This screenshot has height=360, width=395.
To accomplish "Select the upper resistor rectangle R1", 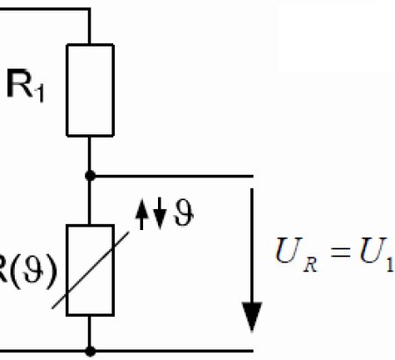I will [x=90, y=90].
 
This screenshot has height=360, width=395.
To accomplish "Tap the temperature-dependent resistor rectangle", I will [x=90, y=269].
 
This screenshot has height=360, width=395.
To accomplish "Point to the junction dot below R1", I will [x=90, y=176].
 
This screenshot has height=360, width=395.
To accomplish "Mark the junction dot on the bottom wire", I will [x=90, y=351].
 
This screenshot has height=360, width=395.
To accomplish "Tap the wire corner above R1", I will [x=90, y=10].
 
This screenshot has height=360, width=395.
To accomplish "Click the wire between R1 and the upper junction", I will [x=90, y=155].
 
